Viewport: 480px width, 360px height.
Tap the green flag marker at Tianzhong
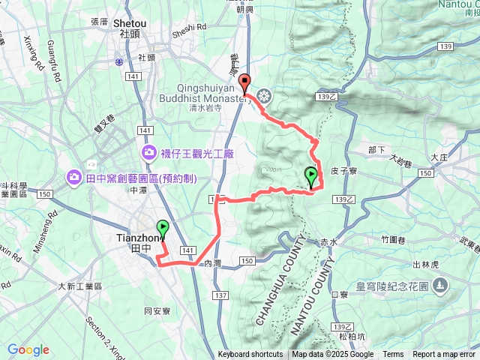click(x=163, y=229)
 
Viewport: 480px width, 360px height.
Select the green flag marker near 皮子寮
click(x=311, y=176)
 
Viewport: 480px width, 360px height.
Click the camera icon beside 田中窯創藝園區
click(x=74, y=177)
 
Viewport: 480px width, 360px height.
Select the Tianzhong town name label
click(x=136, y=238)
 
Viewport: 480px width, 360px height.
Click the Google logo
click(x=28, y=349)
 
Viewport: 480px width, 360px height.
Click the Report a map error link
click(x=445, y=355)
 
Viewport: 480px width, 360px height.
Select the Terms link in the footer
click(x=393, y=355)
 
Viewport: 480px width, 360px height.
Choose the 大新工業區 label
click(x=81, y=286)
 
